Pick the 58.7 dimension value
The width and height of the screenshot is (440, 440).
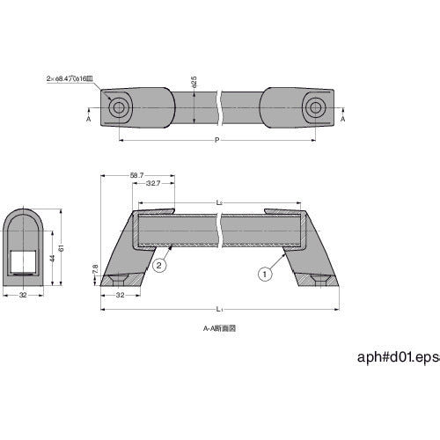click(136, 175)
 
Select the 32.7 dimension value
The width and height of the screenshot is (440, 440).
click(152, 185)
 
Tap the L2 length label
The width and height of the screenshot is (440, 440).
click(218, 203)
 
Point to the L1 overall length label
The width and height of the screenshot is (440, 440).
click(218, 307)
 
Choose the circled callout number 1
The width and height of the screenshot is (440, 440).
click(263, 274)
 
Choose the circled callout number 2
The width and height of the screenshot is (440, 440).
click(160, 265)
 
